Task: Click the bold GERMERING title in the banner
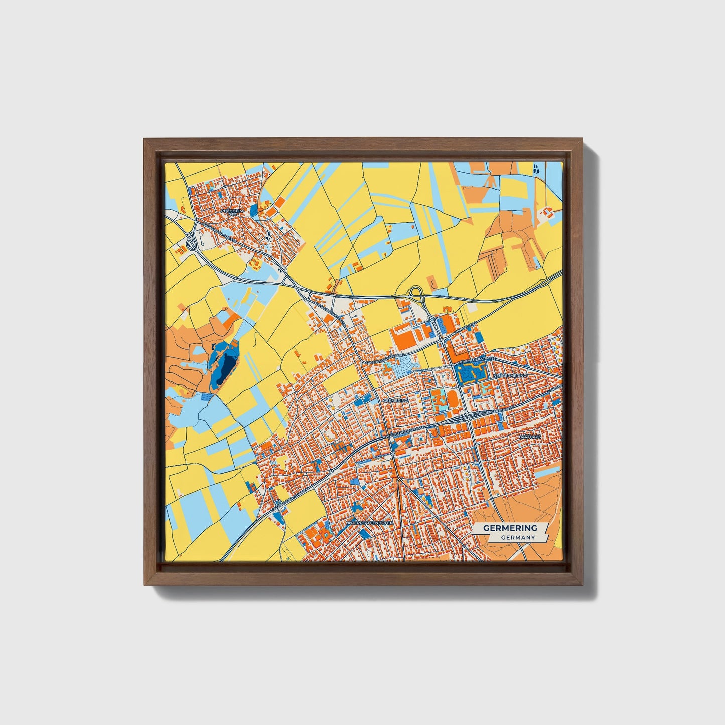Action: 510,528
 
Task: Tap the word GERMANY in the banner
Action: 518,537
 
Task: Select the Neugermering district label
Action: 511,375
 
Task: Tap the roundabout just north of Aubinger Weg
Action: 431,319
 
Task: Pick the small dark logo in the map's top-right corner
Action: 536,169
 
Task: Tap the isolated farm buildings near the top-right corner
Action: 544,213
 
